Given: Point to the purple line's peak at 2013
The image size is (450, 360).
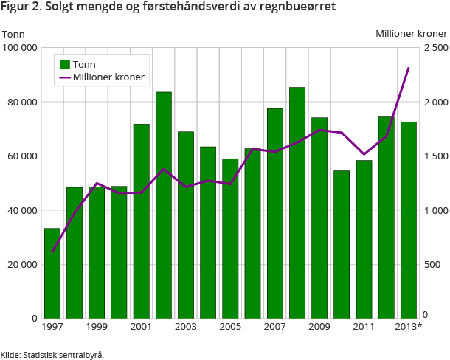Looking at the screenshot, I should point(408,68).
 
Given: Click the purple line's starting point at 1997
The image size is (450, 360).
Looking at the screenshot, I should point(52,252).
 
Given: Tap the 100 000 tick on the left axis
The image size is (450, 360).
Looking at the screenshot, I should point(20,48).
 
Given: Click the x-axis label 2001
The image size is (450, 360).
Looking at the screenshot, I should point(141,327).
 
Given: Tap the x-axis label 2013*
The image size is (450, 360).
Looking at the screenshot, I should point(409,327).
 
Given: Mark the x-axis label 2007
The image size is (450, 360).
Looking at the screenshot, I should point(274,327).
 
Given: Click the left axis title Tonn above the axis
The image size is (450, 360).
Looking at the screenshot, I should point(14,34).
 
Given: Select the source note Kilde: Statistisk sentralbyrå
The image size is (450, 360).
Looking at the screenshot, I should point(52,354).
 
